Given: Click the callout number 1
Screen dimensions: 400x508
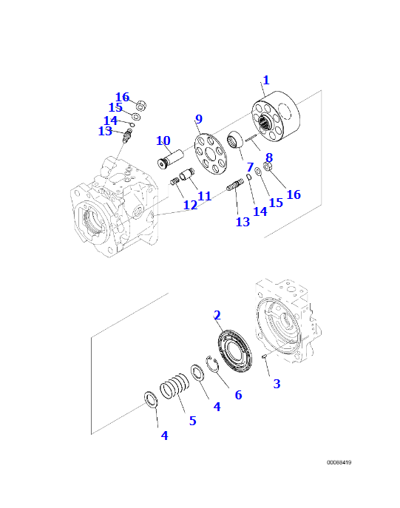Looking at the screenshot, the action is tap(266, 80).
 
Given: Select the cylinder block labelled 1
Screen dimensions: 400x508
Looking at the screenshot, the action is tap(276, 115).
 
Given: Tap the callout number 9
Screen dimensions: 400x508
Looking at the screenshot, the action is tap(199, 119).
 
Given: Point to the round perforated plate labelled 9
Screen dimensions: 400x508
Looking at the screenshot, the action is tap(211, 154).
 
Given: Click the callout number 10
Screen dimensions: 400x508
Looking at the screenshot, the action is tap(163, 140).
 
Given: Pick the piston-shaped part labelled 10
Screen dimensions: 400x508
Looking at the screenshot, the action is tap(170, 159).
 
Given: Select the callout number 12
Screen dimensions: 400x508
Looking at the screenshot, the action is tap(190, 205).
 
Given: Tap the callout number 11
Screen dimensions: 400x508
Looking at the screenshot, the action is tap(204, 196).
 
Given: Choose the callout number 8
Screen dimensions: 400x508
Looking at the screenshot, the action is tap(269, 158).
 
